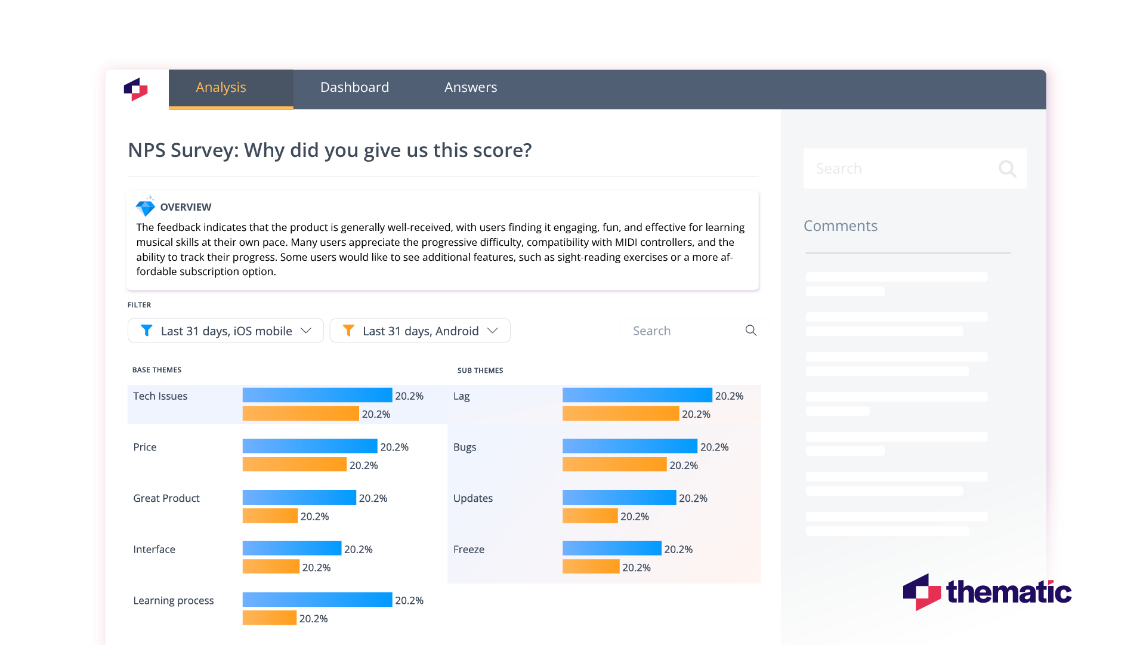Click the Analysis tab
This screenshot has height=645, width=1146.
tap(221, 88)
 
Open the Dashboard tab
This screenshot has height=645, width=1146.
tap(354, 88)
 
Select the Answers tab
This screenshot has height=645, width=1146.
tap(470, 88)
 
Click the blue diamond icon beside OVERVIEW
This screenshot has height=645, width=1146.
tap(145, 206)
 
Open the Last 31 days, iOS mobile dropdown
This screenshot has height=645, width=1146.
tap(226, 331)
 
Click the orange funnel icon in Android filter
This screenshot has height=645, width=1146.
tap(349, 331)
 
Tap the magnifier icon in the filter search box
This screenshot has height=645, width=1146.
tap(750, 331)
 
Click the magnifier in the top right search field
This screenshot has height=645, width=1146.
tap(1007, 169)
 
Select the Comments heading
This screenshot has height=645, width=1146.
tap(840, 226)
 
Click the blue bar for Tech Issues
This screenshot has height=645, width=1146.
tap(317, 395)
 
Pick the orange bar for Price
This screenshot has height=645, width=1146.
tap(294, 465)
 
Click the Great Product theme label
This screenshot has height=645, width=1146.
tap(166, 498)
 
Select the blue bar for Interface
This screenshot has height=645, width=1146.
tap(292, 548)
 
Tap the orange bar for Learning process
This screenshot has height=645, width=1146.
tap(269, 618)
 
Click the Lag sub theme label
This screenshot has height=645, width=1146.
tap(461, 396)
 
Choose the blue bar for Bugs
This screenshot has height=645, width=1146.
tap(629, 446)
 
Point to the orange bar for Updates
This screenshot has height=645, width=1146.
tap(589, 516)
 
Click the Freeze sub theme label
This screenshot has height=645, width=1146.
tap(468, 550)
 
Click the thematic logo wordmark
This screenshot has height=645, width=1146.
tap(1008, 592)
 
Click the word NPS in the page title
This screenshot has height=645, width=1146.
tap(147, 150)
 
